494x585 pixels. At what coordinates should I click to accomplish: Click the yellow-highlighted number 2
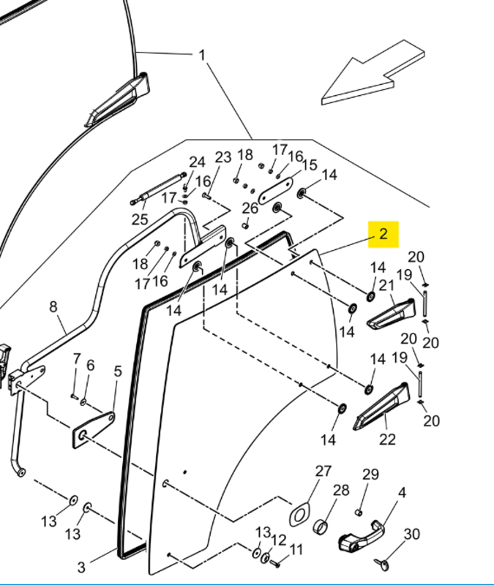(383, 235)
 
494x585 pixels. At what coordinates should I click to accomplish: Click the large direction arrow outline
(373, 74)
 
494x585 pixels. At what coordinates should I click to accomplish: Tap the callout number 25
(140, 219)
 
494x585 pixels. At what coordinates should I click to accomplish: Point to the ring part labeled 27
(299, 513)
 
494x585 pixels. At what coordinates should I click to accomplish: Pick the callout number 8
(53, 306)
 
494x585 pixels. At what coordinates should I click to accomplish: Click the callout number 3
(81, 567)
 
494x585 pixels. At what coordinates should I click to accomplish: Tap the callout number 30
(412, 535)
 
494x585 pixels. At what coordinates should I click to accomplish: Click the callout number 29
(371, 475)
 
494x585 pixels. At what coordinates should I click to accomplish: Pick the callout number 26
(250, 208)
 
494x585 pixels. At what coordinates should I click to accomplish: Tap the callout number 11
(296, 550)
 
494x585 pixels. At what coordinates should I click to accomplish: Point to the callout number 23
(223, 157)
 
